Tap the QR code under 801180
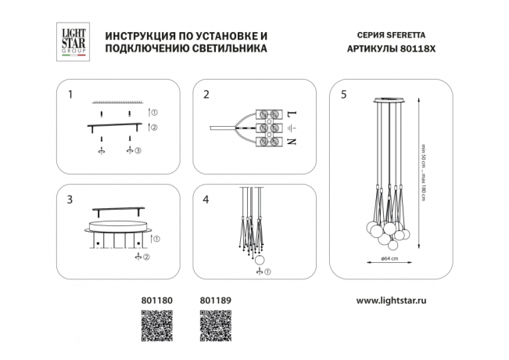[x=155, y=323]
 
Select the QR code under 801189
[x=214, y=323]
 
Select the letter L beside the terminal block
[x=292, y=112]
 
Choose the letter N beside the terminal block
[x=292, y=142]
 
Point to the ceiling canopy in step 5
[x=389, y=101]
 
